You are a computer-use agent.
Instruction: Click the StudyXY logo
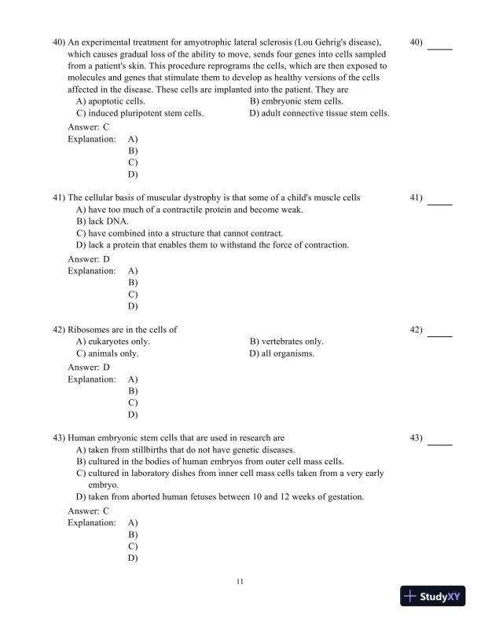[x=429, y=596]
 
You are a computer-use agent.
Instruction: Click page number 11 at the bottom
[x=240, y=581]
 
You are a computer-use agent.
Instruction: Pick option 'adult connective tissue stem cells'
[x=319, y=113]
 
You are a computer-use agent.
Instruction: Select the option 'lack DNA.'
[x=97, y=221]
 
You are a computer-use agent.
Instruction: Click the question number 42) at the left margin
[x=59, y=330]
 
